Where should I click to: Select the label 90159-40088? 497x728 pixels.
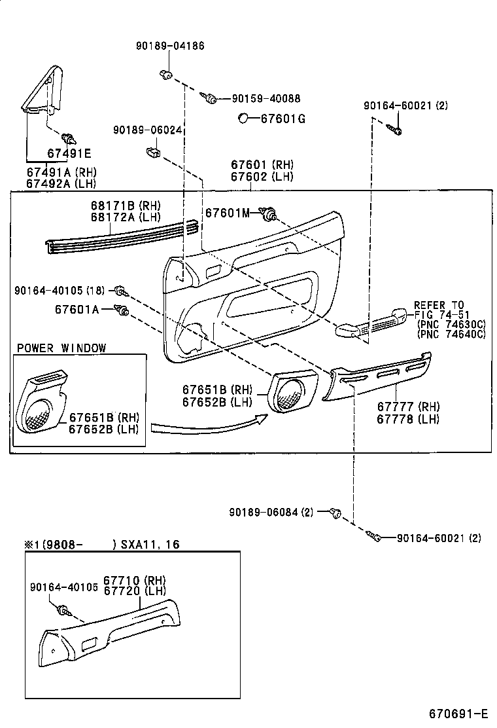(266, 99)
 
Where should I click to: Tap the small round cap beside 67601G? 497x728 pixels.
(243, 118)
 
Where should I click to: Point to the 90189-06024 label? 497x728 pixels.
(146, 131)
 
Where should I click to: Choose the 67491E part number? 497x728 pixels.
(69, 154)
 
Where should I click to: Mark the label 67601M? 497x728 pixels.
(228, 213)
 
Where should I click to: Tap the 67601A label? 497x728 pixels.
(77, 309)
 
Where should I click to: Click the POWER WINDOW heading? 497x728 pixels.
(61, 348)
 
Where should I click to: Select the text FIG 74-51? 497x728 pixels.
(442, 314)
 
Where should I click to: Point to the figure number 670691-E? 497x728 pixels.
(458, 713)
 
